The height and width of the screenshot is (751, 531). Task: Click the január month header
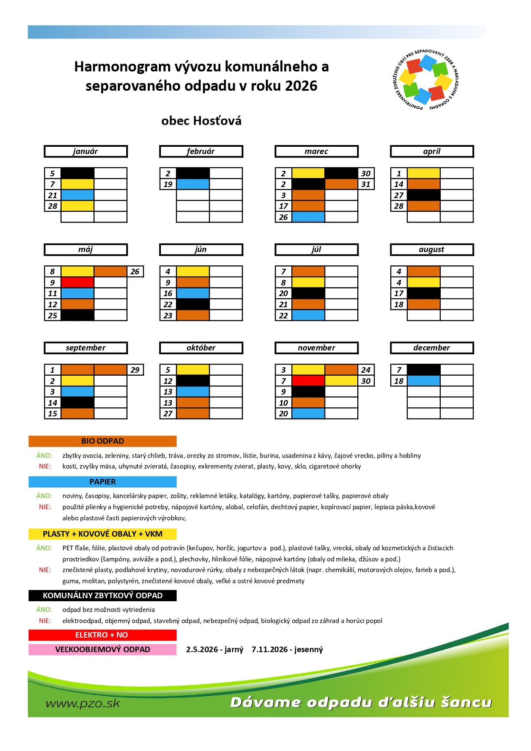86,151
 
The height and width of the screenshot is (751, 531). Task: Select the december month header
432,348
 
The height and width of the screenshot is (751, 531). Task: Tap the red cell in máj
77,282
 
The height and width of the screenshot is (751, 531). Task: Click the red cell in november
308,381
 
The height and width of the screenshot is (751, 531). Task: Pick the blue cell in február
193,184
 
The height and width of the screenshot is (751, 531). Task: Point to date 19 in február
168,184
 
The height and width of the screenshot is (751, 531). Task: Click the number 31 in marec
366,184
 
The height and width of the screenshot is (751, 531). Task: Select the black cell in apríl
424,195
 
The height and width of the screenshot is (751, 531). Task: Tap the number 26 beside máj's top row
135,272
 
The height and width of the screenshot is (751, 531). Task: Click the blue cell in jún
193,294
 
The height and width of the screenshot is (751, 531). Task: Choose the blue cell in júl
308,315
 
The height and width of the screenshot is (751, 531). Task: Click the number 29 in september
135,370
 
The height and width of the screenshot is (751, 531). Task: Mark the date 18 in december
399,381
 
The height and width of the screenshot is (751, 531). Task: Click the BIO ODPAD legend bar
103,441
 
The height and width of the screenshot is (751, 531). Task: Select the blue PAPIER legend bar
103,482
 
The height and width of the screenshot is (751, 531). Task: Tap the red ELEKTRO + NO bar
103,635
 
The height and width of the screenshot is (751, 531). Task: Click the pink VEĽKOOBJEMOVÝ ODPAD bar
103,650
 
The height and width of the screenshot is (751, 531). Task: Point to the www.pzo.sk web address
83,704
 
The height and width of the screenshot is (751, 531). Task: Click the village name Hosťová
217,121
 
